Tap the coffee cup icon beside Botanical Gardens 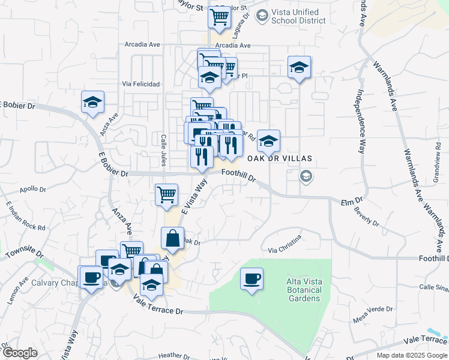tap(252, 279)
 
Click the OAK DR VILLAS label tap(288, 158)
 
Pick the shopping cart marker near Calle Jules tap(166, 194)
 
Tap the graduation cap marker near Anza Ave tap(92, 103)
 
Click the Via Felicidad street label tap(141, 84)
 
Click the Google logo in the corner tap(20, 353)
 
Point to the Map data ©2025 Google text tap(412, 355)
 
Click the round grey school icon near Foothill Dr tap(306, 176)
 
